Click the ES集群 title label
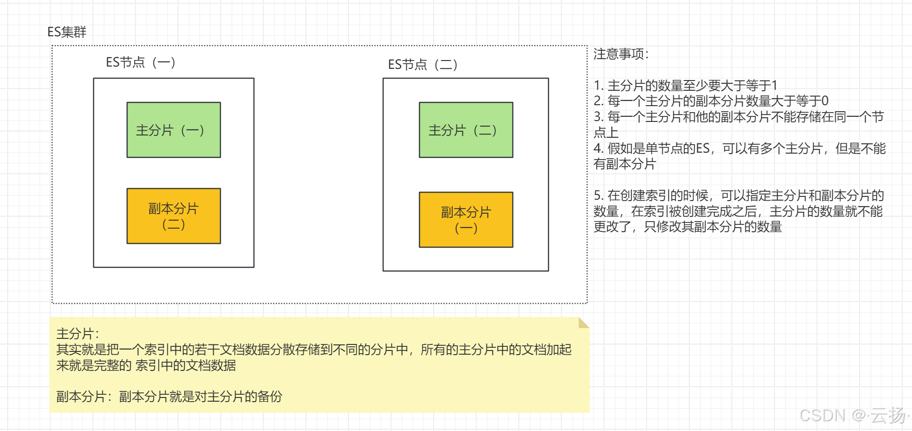(x=67, y=32)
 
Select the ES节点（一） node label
(x=141, y=62)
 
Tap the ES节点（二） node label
(x=423, y=65)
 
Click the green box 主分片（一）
(x=174, y=130)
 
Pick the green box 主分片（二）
(x=466, y=130)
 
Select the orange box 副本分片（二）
(x=174, y=216)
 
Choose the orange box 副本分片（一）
(x=466, y=220)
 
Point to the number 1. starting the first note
(x=599, y=86)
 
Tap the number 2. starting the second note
(x=599, y=101)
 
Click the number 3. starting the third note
(x=599, y=117)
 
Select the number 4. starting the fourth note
(x=599, y=148)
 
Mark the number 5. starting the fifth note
(x=599, y=195)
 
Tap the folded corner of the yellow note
(x=584, y=323)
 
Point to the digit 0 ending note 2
(x=824, y=101)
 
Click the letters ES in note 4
(x=703, y=148)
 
